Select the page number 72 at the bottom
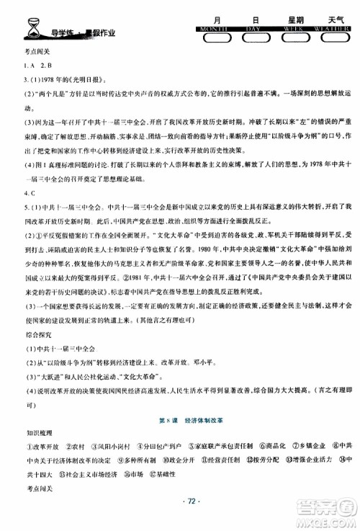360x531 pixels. click(x=180, y=517)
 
